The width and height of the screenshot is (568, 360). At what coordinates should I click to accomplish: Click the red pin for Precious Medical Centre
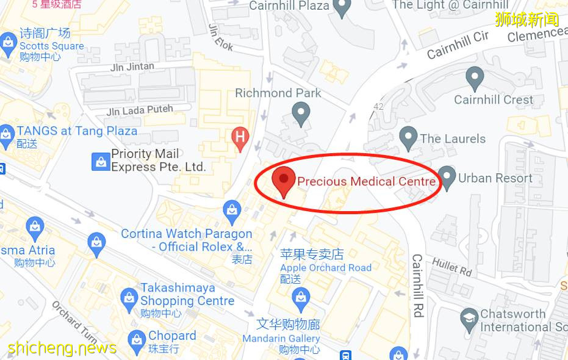[x=283, y=179]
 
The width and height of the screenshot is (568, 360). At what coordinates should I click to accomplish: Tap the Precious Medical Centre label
[x=366, y=181]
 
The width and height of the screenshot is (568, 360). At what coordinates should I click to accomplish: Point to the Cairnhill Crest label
[x=494, y=99]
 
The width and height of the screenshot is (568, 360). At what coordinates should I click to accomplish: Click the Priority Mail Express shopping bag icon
[x=100, y=162]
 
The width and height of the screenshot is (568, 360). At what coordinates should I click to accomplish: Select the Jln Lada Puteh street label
[x=140, y=110]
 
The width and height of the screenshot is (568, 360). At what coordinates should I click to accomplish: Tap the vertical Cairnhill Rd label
[x=418, y=286]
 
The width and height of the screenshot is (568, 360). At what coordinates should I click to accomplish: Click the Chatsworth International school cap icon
[x=469, y=317]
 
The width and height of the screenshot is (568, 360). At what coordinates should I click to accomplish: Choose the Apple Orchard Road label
[x=326, y=267]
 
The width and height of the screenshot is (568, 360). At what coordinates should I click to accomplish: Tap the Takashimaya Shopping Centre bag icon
[x=128, y=297]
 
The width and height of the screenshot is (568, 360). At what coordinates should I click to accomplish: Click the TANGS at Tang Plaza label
[x=77, y=131]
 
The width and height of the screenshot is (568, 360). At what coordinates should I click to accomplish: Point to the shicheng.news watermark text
[x=62, y=348]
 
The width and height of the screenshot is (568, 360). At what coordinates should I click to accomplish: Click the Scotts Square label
[x=52, y=46]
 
